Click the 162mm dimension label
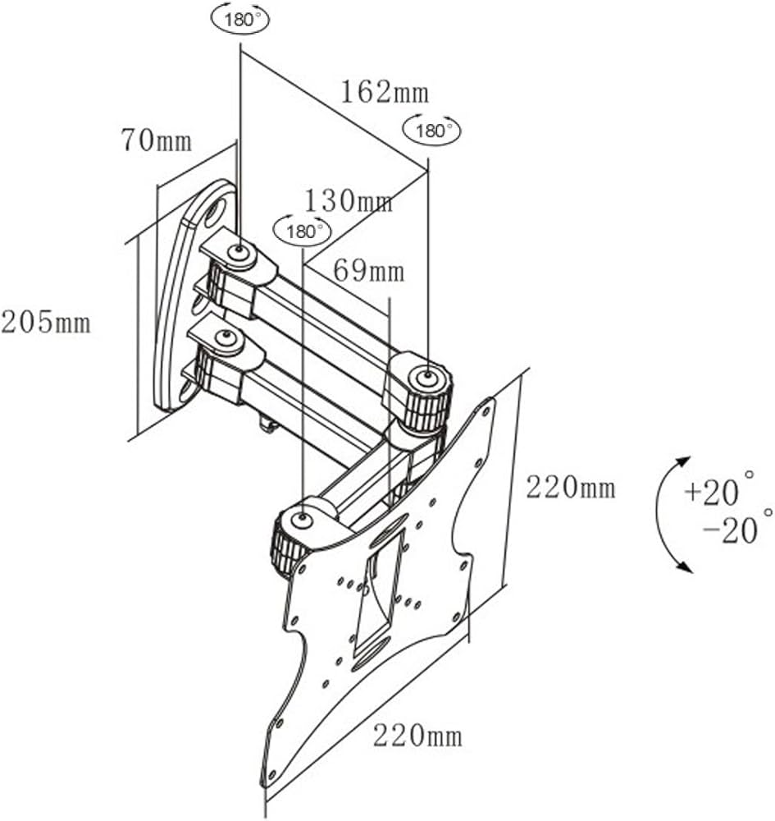[385, 92]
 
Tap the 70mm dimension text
[157, 141]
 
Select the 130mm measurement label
[349, 200]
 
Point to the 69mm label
[369, 270]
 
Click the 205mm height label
[46, 322]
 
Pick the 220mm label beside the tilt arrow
[571, 488]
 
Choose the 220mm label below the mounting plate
[417, 735]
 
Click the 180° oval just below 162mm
[431, 130]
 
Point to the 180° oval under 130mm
[303, 231]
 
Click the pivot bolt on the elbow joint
[426, 377]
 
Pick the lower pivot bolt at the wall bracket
[222, 336]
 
